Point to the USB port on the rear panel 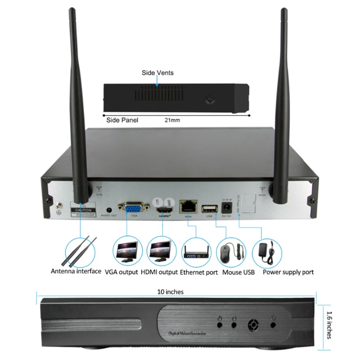(x=208, y=208)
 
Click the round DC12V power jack (x=227, y=207)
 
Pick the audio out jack (x=108, y=209)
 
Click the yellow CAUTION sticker (x=84, y=210)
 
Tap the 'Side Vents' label (x=157, y=72)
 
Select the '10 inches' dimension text (x=171, y=292)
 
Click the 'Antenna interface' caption (x=76, y=271)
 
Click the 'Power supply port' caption (x=288, y=272)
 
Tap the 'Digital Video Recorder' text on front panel (x=186, y=334)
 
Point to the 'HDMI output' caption (x=159, y=272)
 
